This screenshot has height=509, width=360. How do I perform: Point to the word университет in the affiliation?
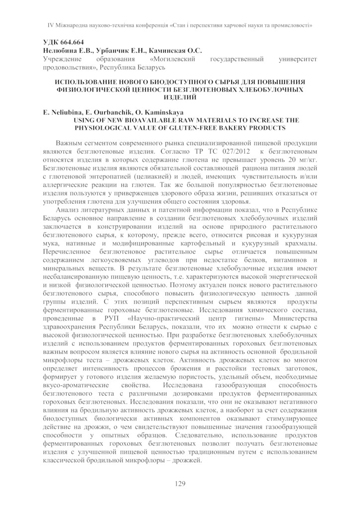[295, 59]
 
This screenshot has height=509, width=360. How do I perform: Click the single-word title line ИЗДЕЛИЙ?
[180, 98]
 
